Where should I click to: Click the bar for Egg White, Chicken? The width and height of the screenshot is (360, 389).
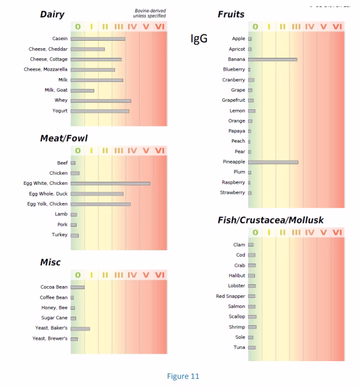(x=110, y=183)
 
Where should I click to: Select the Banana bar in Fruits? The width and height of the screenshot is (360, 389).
(x=272, y=59)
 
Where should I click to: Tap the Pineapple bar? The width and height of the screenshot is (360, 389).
(x=273, y=162)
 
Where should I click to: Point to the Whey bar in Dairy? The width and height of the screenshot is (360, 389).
(x=101, y=100)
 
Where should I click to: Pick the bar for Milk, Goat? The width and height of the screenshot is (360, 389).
(x=82, y=90)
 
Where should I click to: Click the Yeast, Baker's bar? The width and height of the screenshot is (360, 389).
(x=80, y=328)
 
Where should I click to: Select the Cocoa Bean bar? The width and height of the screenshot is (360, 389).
(x=78, y=287)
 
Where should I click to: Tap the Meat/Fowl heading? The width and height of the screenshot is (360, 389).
(x=64, y=138)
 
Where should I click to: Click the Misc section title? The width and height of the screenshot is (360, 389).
(x=50, y=263)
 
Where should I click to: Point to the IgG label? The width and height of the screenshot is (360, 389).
(x=199, y=40)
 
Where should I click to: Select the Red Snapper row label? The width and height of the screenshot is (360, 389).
(x=230, y=296)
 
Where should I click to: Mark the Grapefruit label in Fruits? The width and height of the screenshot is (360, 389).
(x=234, y=100)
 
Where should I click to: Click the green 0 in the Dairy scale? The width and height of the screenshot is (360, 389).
(x=78, y=26)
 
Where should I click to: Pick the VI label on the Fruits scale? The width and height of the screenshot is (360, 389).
(x=337, y=26)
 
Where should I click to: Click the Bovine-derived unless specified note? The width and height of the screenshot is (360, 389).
(x=149, y=13)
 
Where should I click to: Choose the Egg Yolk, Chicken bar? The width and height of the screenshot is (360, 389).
(x=101, y=204)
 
